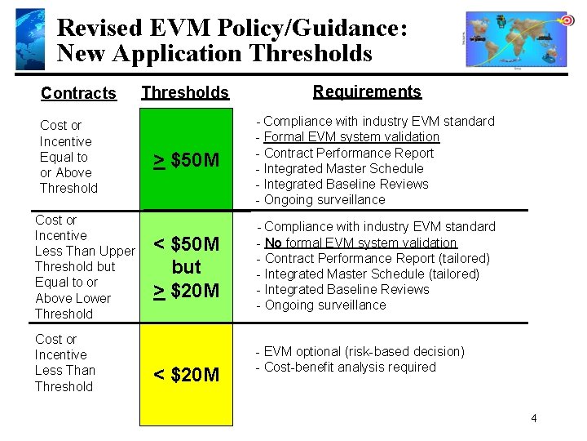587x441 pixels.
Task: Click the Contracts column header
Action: tap(78, 93)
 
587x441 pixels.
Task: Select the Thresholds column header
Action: tap(185, 92)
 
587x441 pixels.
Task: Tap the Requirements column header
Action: tap(367, 91)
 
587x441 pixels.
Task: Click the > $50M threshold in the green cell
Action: tap(187, 160)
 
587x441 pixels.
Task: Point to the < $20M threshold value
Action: tap(187, 375)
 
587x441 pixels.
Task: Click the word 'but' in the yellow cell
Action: tap(187, 267)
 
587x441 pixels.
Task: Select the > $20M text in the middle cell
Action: tap(187, 289)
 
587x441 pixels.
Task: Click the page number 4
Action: tap(533, 419)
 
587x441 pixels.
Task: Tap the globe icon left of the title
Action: tap(30, 39)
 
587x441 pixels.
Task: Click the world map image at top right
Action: tap(519, 39)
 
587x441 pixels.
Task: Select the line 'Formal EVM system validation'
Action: tap(351, 136)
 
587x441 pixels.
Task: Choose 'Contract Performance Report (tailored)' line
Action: tap(377, 258)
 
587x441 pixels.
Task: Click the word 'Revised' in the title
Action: tap(99, 28)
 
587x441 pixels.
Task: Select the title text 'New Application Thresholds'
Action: tap(214, 54)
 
